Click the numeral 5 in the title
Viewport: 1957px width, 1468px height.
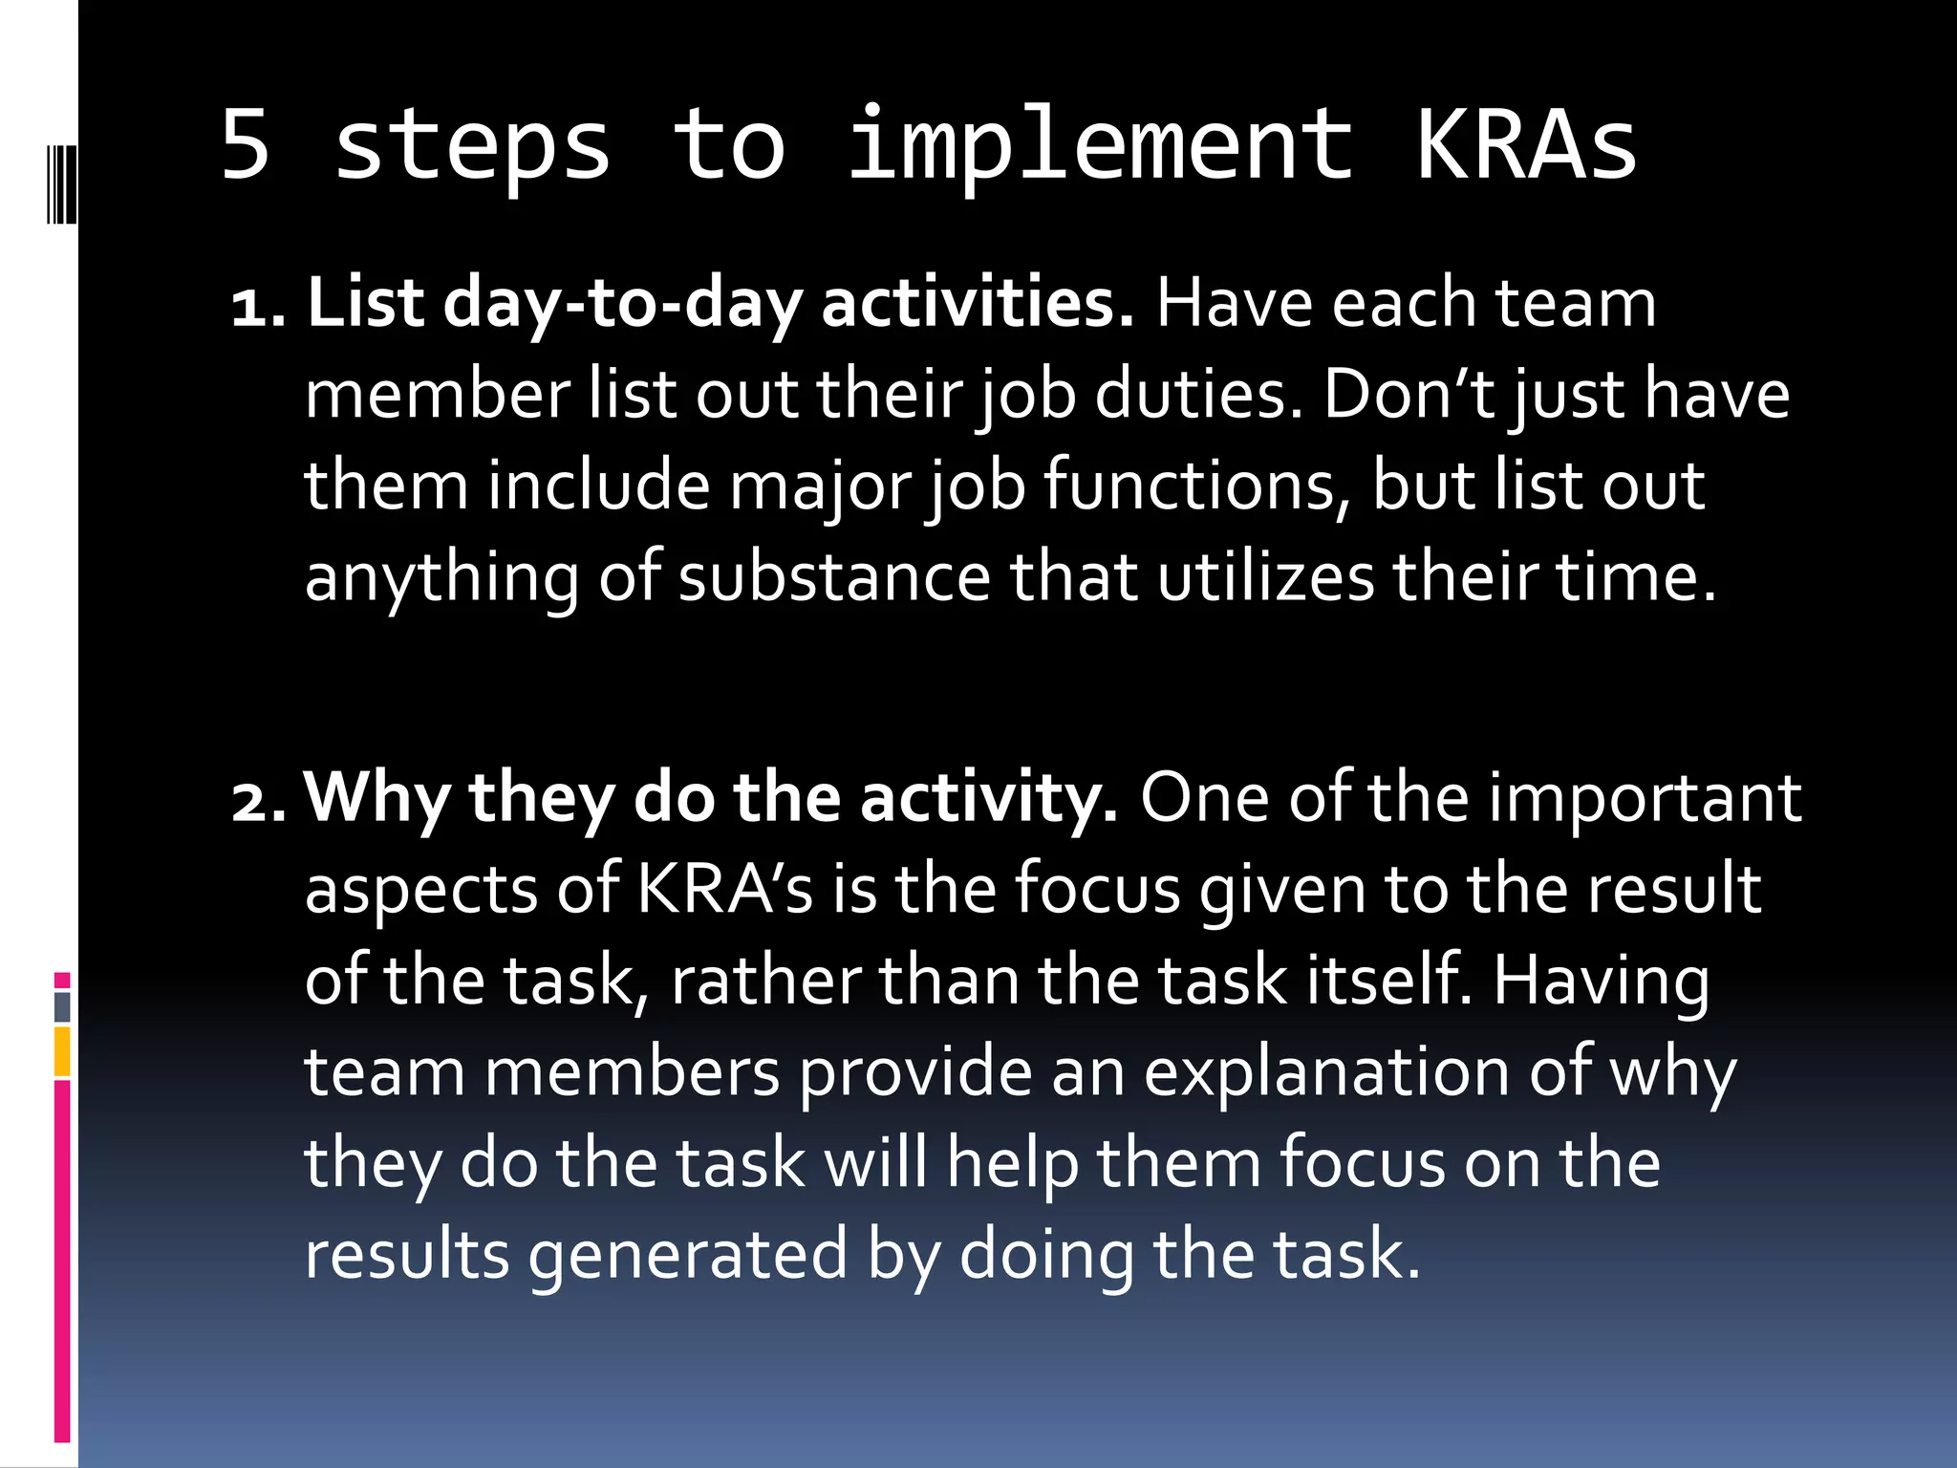(246, 144)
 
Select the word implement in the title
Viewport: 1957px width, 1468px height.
(1100, 146)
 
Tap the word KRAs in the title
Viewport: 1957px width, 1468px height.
(1526, 144)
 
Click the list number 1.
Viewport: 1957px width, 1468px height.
(257, 306)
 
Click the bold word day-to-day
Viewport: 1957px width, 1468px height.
(622, 304)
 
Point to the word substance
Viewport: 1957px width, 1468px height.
(834, 577)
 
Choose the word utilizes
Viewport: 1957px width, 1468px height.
(1266, 577)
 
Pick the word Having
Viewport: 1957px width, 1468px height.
(1601, 982)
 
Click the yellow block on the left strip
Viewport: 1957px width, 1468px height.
(62, 1051)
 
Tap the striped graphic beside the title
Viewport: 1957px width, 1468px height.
(61, 183)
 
